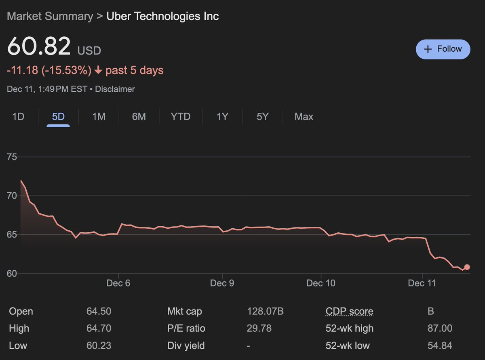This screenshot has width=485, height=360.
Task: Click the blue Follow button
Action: pyautogui.click(x=443, y=49)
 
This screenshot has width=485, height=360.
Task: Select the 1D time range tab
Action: pyautogui.click(x=18, y=117)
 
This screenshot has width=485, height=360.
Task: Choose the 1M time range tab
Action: pyautogui.click(x=99, y=117)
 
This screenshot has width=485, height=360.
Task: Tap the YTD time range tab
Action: pyautogui.click(x=180, y=117)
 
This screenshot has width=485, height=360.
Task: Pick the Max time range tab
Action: pyautogui.click(x=304, y=117)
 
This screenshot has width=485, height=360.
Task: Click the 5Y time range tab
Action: pyautogui.click(x=262, y=117)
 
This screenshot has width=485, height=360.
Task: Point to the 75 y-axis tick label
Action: pyautogui.click(x=12, y=157)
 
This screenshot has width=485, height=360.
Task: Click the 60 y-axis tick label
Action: pyautogui.click(x=12, y=274)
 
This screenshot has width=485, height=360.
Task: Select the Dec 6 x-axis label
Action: pyautogui.click(x=118, y=283)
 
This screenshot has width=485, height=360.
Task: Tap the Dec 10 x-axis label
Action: pyautogui.click(x=321, y=283)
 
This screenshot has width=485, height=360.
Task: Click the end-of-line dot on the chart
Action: pyautogui.click(x=467, y=267)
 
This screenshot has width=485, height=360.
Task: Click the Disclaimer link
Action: pyautogui.click(x=115, y=89)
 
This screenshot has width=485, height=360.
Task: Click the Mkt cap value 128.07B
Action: pyautogui.click(x=265, y=312)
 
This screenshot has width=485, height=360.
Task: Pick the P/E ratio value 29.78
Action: pyautogui.click(x=259, y=328)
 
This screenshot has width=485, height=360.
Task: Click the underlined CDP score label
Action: pyautogui.click(x=349, y=312)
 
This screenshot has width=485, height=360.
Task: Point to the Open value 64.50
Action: pyautogui.click(x=99, y=312)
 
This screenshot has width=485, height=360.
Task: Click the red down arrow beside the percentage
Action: pyautogui.click(x=98, y=71)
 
